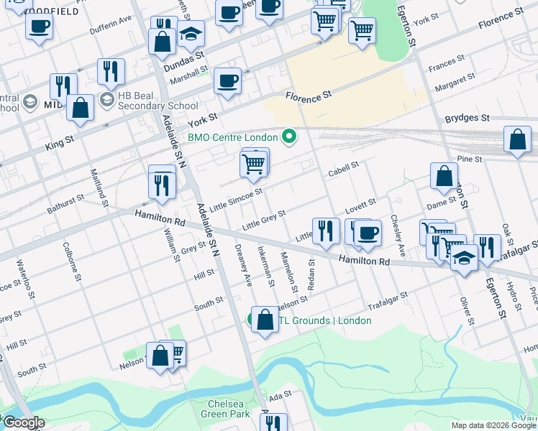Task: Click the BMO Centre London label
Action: click(232, 137)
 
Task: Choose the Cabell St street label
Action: click(343, 170)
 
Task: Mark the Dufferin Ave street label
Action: click(111, 26)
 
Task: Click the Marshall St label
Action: click(189, 75)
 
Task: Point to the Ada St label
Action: click(280, 394)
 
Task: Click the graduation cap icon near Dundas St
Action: click(191, 34)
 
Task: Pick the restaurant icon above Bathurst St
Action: click(162, 185)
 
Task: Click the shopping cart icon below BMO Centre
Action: click(254, 164)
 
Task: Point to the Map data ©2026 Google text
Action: click(493, 425)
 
